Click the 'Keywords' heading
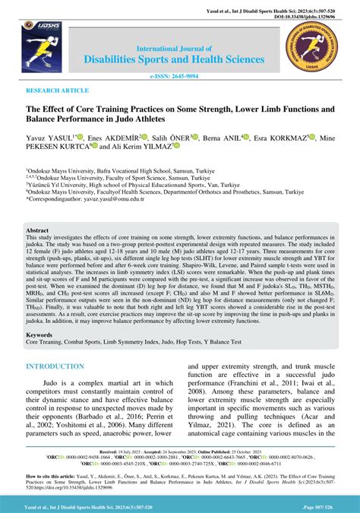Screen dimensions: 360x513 click(40, 355)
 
